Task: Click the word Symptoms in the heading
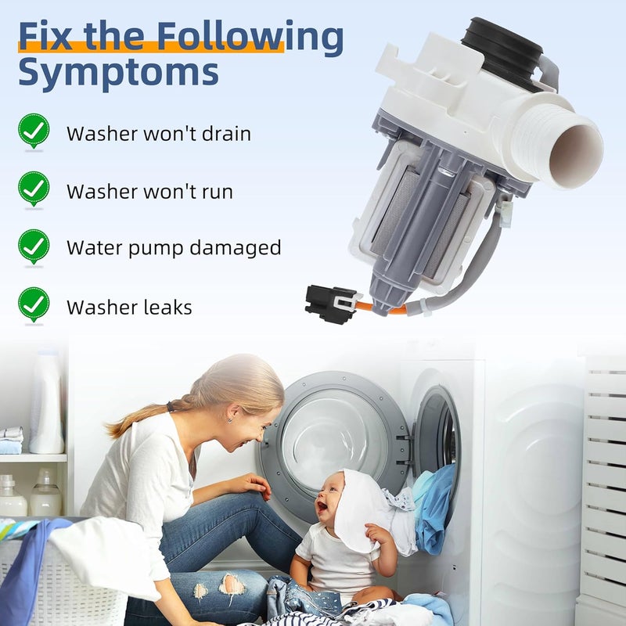coord(117,71)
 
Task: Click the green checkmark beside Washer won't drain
coord(34,131)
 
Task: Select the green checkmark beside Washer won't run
coord(34,189)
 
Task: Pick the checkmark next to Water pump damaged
coord(34,246)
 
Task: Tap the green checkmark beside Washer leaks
coord(34,304)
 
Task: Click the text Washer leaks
coord(129,308)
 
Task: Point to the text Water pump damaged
coord(174,249)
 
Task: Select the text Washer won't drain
coord(159,134)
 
